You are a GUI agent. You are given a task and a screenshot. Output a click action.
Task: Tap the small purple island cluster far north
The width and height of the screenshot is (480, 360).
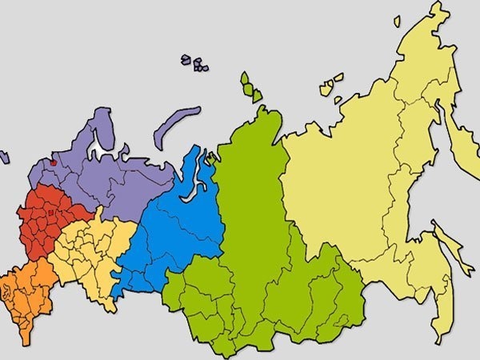point(194,62)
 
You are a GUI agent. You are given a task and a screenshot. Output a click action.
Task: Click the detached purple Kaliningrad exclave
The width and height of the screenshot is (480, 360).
point(3,158)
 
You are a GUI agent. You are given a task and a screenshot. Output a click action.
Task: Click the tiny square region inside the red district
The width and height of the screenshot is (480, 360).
point(49,214)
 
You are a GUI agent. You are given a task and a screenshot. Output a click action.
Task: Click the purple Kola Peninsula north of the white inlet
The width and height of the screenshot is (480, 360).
point(100,128)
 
